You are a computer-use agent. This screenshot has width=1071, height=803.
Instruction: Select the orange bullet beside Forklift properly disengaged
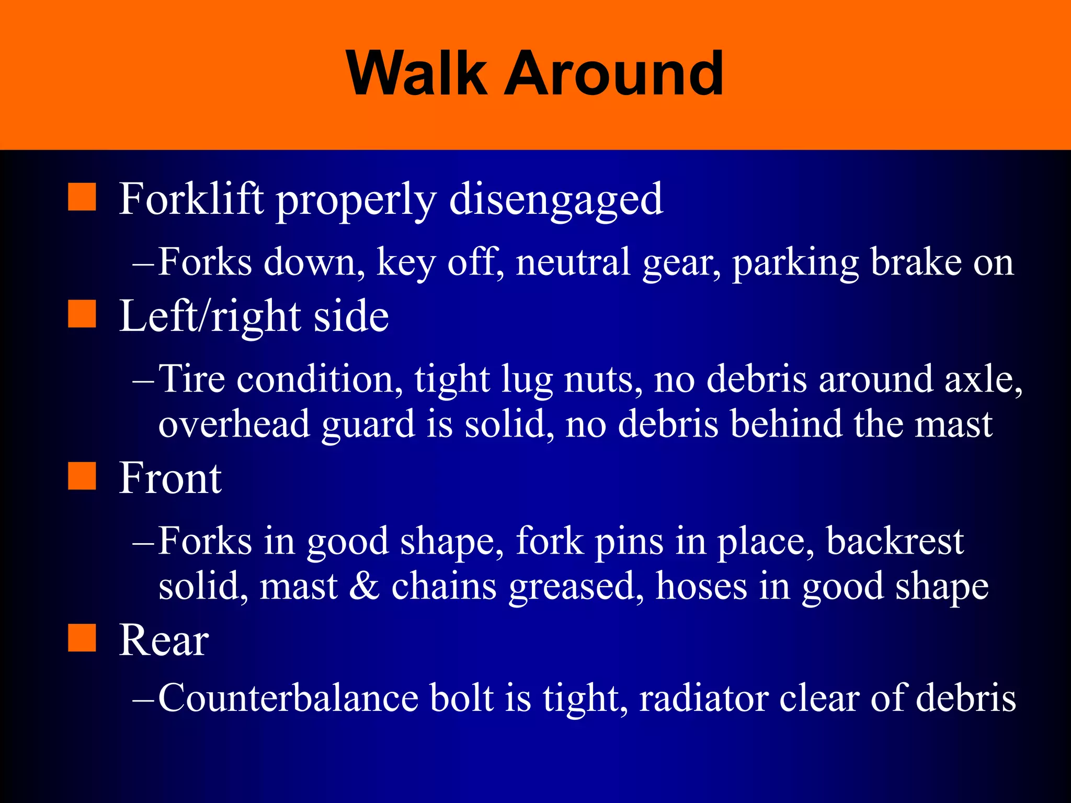82,197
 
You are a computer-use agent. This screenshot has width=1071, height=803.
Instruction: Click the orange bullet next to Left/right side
82,314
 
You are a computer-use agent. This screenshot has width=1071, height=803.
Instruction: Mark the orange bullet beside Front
82,476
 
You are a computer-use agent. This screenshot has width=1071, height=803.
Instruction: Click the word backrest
895,541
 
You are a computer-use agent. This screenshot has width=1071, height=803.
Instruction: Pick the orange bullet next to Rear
82,638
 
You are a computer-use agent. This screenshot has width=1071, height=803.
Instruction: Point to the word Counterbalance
288,697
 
